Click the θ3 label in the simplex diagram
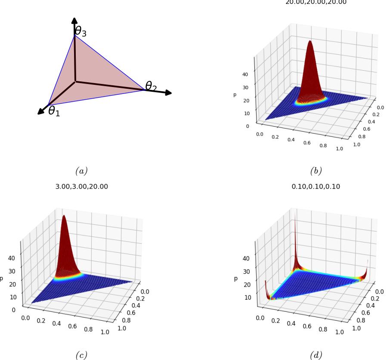coord(81,31)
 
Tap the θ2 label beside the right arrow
coord(151,86)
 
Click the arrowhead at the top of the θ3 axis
coord(74,21)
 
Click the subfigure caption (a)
coord(80,171)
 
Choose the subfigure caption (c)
coord(80,354)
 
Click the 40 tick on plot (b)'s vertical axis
coord(245,74)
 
